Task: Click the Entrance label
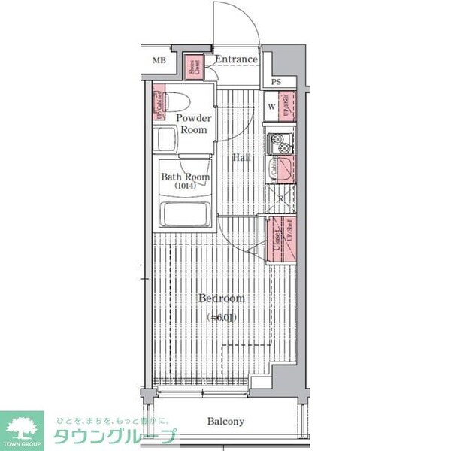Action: (x=236, y=59)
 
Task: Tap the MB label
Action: (x=159, y=60)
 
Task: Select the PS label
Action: (x=277, y=82)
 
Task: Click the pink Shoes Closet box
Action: (x=193, y=65)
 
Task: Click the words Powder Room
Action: (x=193, y=124)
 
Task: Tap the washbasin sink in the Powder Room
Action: (x=166, y=140)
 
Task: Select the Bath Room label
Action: (x=185, y=177)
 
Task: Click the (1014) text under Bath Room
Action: (x=185, y=186)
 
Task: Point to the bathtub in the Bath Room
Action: (x=185, y=216)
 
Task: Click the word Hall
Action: (x=241, y=158)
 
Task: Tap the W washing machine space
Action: (x=271, y=106)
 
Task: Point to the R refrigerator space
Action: (x=280, y=198)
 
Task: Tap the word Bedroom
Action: (x=221, y=298)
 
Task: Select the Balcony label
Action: (x=225, y=422)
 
